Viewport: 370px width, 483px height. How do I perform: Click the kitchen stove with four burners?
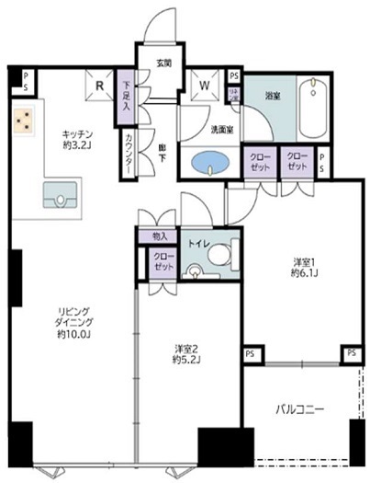pos(25,120)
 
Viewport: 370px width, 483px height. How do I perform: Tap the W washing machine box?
pos(204,89)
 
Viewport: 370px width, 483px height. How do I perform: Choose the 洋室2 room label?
pos(188,349)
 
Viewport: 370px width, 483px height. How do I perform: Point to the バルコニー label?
pos(298,408)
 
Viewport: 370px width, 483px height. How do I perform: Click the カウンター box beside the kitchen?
pos(126,150)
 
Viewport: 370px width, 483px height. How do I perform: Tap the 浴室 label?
pos(273,95)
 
